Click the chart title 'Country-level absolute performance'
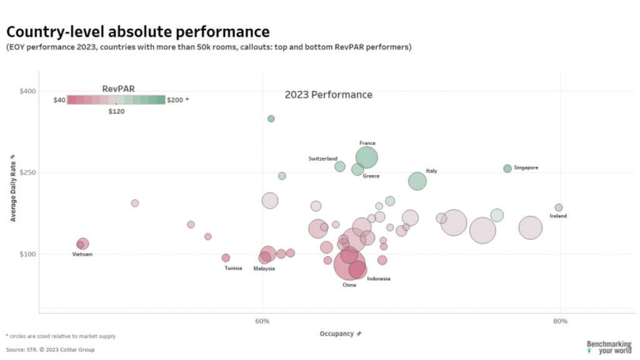(x=138, y=31)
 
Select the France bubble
(x=367, y=157)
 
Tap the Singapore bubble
(x=507, y=168)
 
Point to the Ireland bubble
(x=559, y=207)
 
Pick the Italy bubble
(x=417, y=181)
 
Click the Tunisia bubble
(x=226, y=258)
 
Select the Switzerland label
(x=322, y=159)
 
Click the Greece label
(x=371, y=176)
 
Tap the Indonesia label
(x=379, y=279)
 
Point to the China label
(x=349, y=285)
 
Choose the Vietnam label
(x=82, y=254)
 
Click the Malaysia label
(x=264, y=269)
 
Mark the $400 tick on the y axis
(x=27, y=91)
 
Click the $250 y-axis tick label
(x=27, y=172)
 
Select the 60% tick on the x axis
(x=262, y=321)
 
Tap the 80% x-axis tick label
(x=561, y=321)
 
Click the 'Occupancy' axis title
(x=337, y=334)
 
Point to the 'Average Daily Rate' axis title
(x=12, y=187)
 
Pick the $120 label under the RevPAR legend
(x=116, y=111)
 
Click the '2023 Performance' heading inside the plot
(x=328, y=95)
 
